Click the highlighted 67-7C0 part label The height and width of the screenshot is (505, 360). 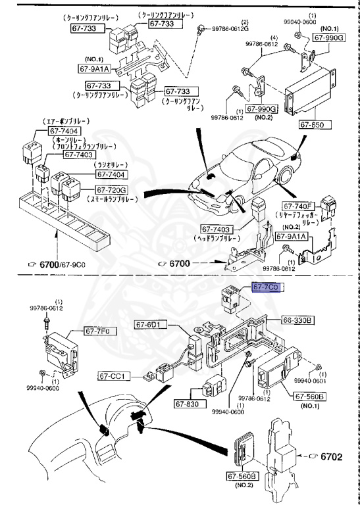click(x=267, y=287)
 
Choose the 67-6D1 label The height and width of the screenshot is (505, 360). click(x=152, y=324)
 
